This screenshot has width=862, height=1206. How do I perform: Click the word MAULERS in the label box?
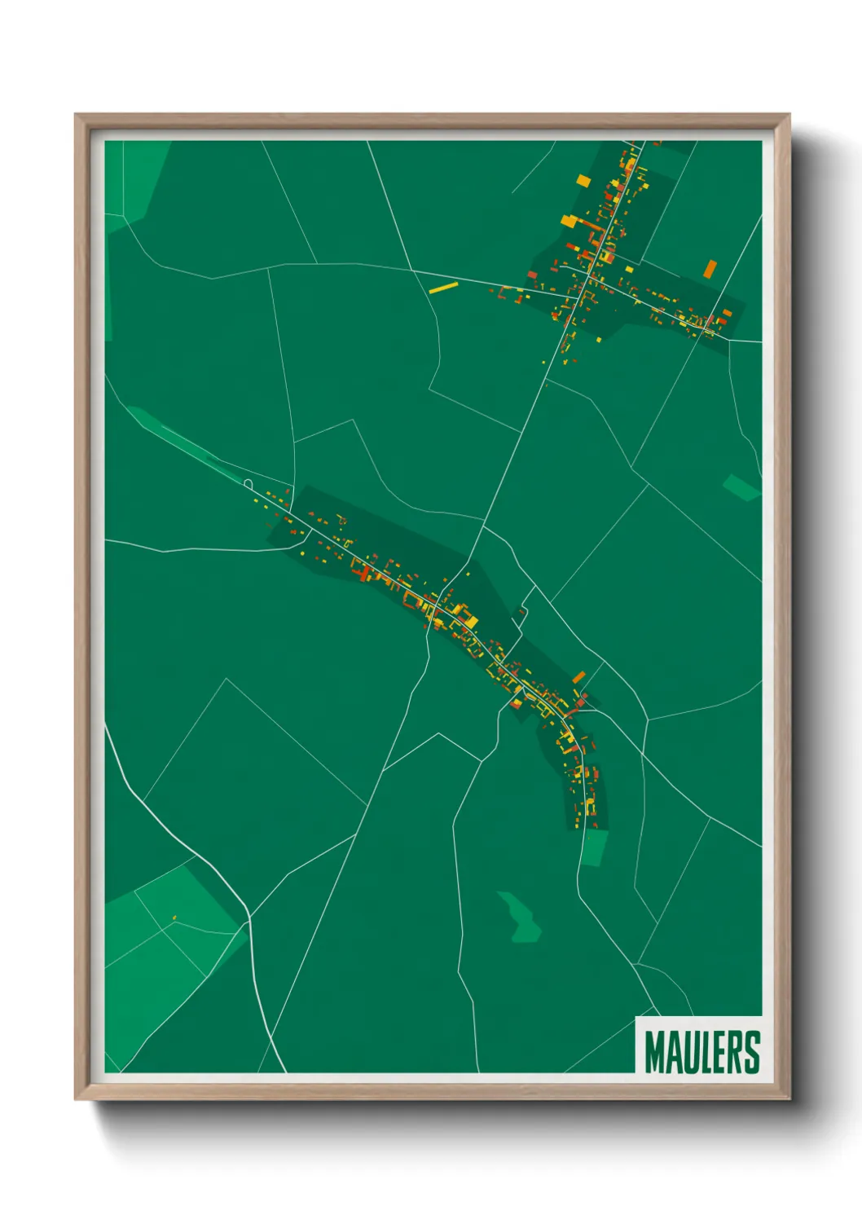tap(701, 1052)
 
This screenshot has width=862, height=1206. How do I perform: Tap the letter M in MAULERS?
tap(653, 1052)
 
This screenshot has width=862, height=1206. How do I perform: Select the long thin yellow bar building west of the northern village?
tap(443, 288)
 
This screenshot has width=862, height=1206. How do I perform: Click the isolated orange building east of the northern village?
tap(710, 268)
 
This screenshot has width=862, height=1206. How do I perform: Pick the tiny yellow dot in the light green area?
tap(174, 918)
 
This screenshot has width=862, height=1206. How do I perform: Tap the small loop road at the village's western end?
tap(248, 483)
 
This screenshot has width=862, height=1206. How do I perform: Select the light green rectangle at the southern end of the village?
tap(594, 847)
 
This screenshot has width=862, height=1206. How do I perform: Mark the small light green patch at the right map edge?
tap(741, 486)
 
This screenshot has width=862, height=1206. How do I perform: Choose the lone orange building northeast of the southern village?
tap(578, 677)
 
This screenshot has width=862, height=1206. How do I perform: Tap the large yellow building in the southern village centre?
tap(470, 622)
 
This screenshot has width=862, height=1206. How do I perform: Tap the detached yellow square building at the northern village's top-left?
tap(582, 180)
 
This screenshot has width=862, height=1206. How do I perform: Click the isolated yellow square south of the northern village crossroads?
tap(600, 339)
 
